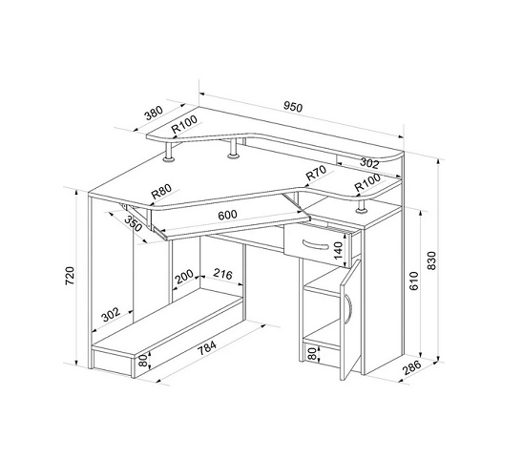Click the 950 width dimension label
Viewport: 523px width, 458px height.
293,107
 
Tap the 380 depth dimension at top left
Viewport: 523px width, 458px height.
154,114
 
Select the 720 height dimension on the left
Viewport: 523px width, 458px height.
70,276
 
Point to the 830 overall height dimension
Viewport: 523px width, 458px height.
431,260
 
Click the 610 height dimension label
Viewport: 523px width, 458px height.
413,281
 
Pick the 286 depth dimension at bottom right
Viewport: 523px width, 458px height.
412,367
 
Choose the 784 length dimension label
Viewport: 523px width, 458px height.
207,349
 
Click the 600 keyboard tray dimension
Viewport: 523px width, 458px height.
227,215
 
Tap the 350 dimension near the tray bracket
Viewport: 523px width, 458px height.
133,223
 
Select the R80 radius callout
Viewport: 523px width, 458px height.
161,191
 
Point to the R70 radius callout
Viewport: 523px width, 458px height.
316,173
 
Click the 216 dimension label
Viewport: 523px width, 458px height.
222,274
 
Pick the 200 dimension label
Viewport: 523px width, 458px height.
184,277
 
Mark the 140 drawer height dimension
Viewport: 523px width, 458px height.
338,251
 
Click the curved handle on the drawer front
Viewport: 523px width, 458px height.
316,245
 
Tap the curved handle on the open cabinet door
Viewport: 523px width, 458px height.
349,308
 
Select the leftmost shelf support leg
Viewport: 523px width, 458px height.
169,152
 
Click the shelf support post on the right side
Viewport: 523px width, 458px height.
361,207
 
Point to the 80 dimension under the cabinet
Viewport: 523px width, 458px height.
312,353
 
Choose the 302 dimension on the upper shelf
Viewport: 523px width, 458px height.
369,163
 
